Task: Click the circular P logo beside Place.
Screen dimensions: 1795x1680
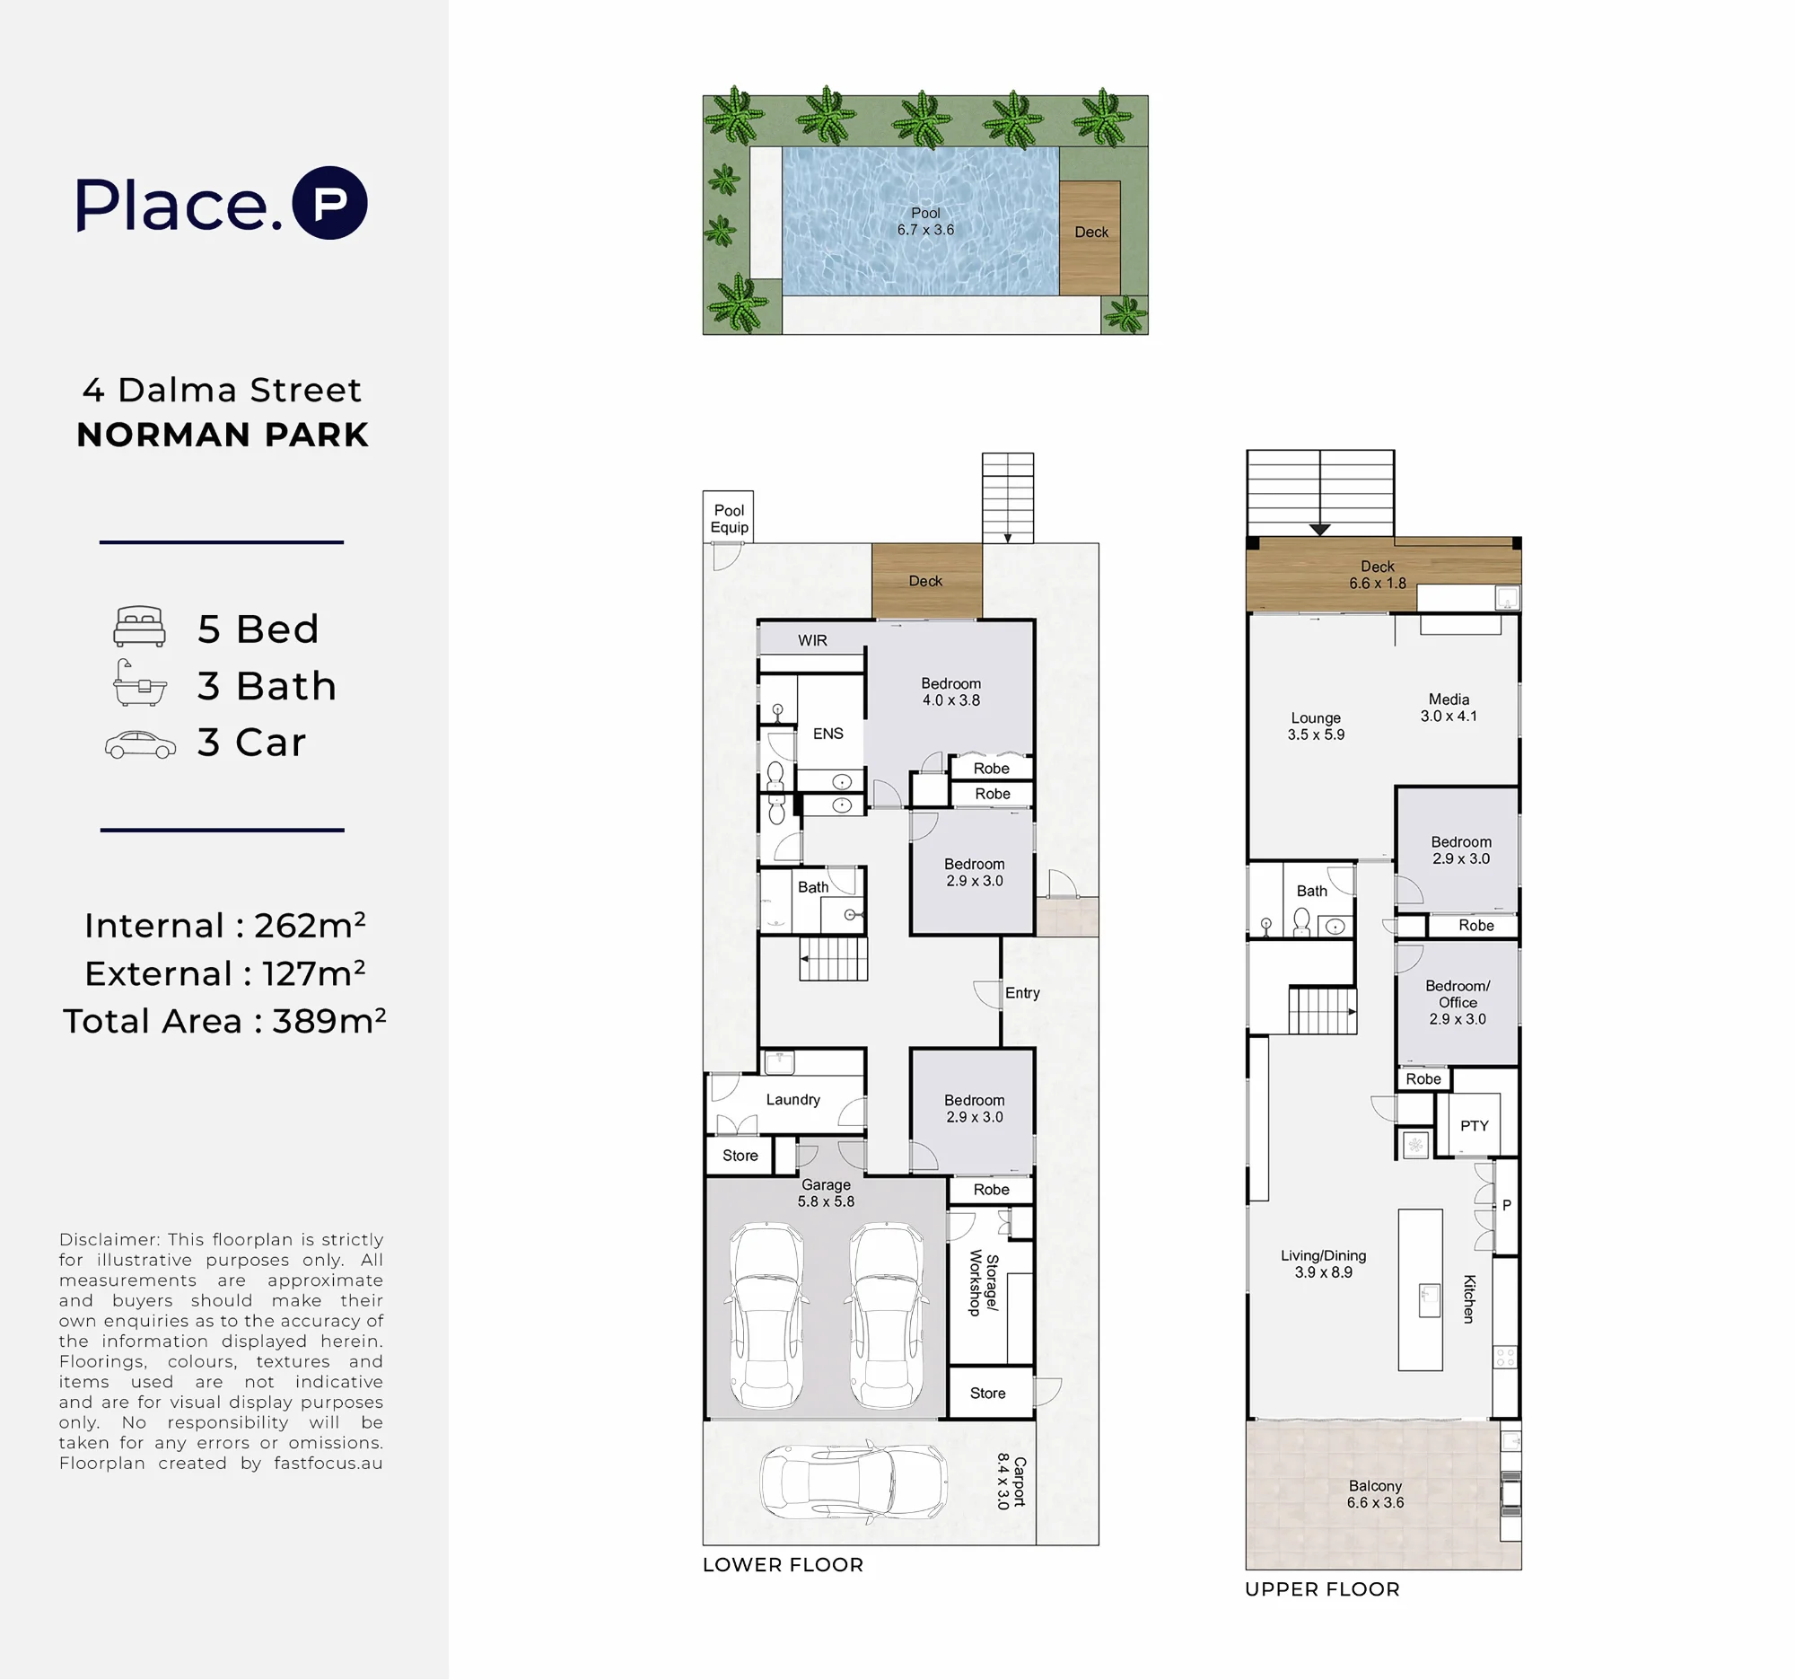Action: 329,202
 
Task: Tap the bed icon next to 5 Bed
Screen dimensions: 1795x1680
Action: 139,626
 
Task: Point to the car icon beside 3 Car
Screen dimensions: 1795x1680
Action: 140,744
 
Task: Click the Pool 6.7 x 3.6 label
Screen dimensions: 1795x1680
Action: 925,221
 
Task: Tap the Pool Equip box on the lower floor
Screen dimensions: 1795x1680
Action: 728,516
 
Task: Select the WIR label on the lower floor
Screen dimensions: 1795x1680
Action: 811,640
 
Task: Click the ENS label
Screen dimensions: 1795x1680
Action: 828,734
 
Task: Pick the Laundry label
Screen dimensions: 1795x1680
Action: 792,1099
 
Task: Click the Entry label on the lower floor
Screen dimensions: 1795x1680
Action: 1022,992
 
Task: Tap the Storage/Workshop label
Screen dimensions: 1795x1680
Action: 985,1282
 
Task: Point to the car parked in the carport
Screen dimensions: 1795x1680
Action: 854,1482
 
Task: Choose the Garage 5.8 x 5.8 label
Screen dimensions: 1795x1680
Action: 826,1193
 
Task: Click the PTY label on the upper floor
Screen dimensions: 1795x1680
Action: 1474,1125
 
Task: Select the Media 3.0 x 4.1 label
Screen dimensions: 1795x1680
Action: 1449,708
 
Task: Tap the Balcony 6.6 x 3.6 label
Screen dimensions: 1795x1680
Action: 1375,1494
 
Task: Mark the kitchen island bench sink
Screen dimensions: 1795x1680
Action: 1430,1301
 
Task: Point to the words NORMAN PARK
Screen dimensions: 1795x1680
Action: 223,435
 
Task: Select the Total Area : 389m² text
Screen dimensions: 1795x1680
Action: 225,1021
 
